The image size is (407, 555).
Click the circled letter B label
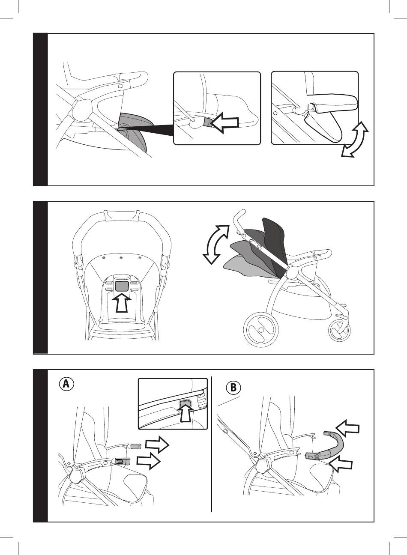(233, 388)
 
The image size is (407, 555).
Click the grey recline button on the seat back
(122, 285)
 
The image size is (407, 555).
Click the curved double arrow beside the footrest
(355, 140)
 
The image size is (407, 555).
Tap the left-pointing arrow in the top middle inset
(225, 123)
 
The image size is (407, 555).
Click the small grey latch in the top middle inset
(207, 123)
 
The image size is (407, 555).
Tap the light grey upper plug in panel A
(136, 446)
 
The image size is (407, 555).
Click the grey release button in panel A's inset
(186, 403)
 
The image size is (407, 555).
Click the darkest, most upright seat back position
(274, 236)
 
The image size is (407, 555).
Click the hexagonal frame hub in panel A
(77, 475)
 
